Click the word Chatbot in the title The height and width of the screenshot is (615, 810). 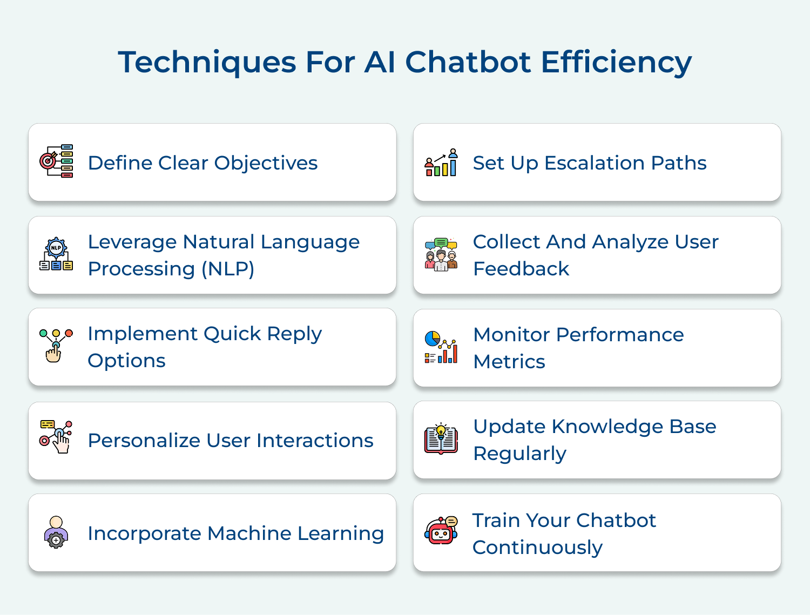click(x=468, y=62)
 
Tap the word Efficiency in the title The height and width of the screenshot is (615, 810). click(x=616, y=62)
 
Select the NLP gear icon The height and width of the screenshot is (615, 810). click(x=56, y=254)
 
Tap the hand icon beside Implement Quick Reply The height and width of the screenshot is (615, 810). click(x=56, y=346)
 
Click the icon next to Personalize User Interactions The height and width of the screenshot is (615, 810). click(x=56, y=437)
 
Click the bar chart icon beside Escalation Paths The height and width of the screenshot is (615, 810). click(x=441, y=163)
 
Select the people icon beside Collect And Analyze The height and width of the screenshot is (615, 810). click(x=441, y=254)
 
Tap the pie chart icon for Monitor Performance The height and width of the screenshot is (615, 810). click(x=441, y=347)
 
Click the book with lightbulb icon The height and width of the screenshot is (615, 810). click(x=441, y=438)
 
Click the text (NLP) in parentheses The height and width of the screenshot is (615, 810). click(x=227, y=269)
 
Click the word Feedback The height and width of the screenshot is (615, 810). click(x=521, y=269)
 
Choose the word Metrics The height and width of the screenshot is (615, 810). click(x=509, y=362)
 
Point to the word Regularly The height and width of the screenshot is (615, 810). click(x=519, y=454)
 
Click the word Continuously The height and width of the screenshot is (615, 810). click(x=537, y=548)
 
